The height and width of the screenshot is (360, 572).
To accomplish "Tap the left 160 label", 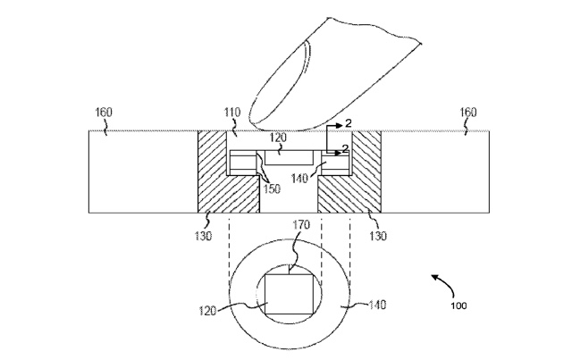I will pyautogui.click(x=105, y=113).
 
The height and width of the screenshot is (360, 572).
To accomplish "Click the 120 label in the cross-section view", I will pyautogui.click(x=277, y=140).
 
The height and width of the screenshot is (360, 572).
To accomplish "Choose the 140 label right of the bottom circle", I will pyautogui.click(x=377, y=305).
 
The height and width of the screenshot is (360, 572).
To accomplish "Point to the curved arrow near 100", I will pyautogui.click(x=438, y=282).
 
